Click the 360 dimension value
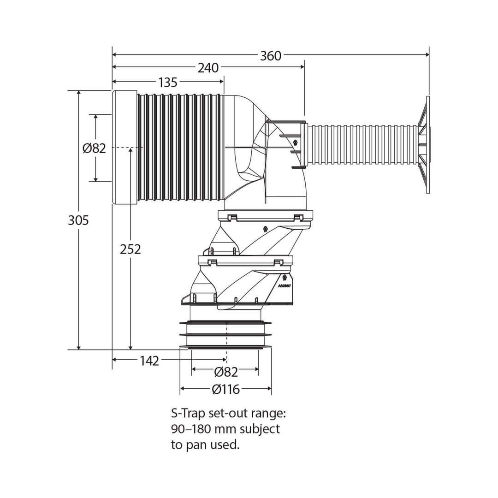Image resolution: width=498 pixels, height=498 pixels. pyautogui.click(x=270, y=56)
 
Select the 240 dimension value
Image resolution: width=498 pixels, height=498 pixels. pyautogui.click(x=208, y=68)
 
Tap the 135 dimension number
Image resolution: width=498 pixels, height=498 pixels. pyautogui.click(x=167, y=83)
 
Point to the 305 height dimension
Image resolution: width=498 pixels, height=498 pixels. pyautogui.click(x=78, y=220)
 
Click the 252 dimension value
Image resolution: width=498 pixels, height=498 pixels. pyautogui.click(x=130, y=249)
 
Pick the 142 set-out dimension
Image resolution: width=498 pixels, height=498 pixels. pyautogui.click(x=149, y=361)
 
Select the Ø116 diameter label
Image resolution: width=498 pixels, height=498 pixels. pyautogui.click(x=226, y=390)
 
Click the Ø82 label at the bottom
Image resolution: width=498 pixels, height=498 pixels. pyautogui.click(x=226, y=372)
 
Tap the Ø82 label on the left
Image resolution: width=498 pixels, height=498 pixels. pyautogui.click(x=94, y=148)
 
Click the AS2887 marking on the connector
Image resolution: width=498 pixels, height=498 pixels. pyautogui.click(x=284, y=285)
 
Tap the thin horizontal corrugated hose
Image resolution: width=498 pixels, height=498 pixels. pyautogui.click(x=362, y=144)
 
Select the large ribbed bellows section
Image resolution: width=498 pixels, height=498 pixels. pyautogui.click(x=180, y=148)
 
